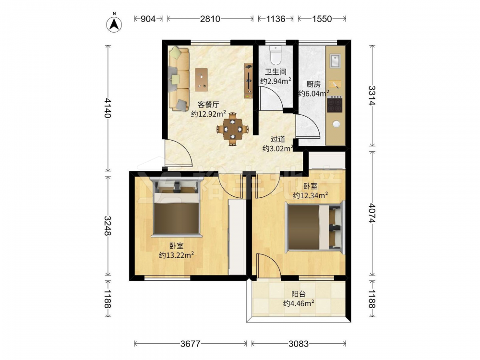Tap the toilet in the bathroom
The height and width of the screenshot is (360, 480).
coord(276,54)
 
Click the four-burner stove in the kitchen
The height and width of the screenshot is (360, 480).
coord(334,104)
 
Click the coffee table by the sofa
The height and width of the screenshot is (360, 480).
coord(202,79)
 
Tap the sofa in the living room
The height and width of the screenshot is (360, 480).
coord(179,79)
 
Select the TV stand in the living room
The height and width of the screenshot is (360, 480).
coord(249,81)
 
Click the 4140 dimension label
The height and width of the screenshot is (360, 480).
coord(108,108)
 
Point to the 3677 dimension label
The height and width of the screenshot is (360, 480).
coord(190,344)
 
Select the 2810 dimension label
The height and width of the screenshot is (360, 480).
coord(210,19)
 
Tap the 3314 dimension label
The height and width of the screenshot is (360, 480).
coord(372,96)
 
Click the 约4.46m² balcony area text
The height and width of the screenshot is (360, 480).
coord(299,303)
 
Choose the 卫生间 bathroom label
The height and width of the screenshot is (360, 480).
coord(276,72)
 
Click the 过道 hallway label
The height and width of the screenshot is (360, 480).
coord(278,139)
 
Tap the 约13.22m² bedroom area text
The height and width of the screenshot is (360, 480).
coord(176,255)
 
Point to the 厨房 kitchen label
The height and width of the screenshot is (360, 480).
coord(313,84)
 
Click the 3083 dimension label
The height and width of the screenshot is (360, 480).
coord(299,344)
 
